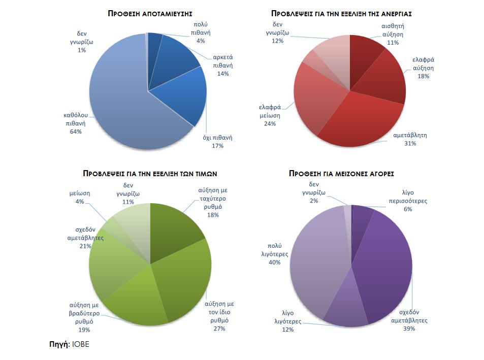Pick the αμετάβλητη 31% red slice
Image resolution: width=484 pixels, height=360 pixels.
356,122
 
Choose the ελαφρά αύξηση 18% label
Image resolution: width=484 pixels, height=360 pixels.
424,68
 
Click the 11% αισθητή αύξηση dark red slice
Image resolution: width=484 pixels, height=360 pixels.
366,56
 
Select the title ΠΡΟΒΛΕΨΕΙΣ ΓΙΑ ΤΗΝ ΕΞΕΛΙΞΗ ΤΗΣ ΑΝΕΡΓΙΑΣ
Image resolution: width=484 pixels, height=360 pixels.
341,14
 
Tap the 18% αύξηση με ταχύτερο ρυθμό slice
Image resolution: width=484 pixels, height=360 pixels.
173,228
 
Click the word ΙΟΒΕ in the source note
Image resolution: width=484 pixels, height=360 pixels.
81,344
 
